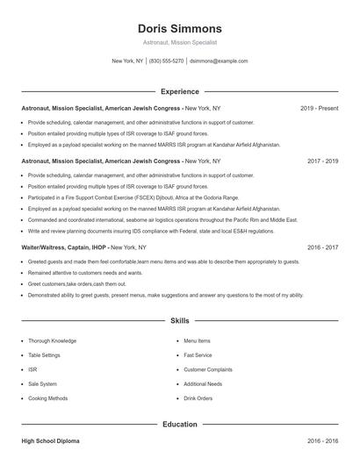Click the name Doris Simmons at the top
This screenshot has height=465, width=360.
[179, 28]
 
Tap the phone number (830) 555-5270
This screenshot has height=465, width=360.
[166, 61]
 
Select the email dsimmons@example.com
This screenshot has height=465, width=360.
[219, 61]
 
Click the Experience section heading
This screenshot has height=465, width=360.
[179, 91]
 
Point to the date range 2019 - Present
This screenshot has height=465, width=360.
[319, 108]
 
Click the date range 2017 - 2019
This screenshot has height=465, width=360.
[321, 161]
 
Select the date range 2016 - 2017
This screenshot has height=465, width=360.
[321, 248]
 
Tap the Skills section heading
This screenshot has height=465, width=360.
[179, 322]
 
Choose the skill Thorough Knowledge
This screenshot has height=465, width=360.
[52, 340]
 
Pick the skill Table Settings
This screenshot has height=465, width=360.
[46, 355]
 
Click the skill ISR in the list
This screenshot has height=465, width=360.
[32, 369]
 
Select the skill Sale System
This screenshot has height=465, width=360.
[42, 383]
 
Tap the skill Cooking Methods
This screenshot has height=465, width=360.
[47, 398]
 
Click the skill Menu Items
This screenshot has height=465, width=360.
[197, 340]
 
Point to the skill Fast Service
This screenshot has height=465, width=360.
[198, 355]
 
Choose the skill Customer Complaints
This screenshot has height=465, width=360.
[207, 369]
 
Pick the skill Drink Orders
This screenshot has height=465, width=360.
[198, 398]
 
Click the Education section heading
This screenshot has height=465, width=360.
[179, 425]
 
